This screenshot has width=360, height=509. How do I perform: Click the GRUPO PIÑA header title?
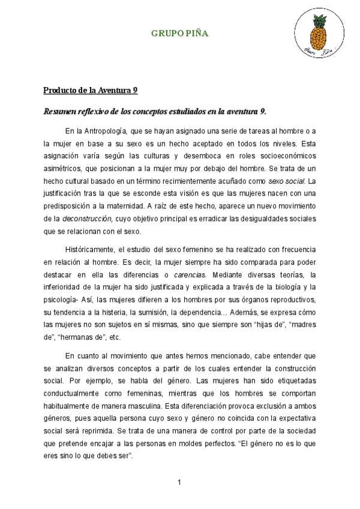(179, 34)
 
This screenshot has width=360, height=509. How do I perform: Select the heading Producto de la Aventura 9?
(90, 91)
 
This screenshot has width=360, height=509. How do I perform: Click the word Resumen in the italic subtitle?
(61, 111)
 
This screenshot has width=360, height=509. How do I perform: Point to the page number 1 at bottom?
(179, 482)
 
